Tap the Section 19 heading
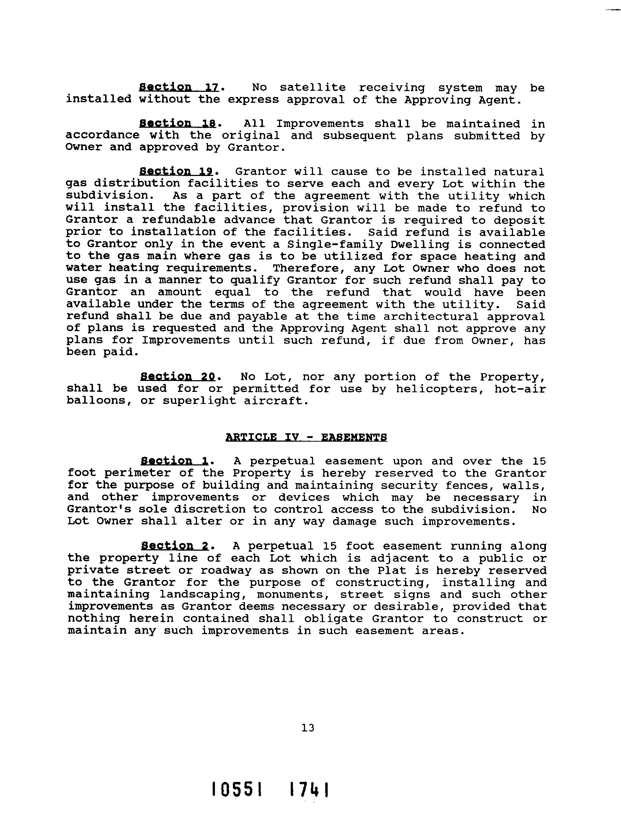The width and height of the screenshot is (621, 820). point(176,172)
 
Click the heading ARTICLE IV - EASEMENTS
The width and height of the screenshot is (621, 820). point(306,437)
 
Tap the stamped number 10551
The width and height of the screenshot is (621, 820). point(236,789)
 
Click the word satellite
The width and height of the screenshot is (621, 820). point(312,88)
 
